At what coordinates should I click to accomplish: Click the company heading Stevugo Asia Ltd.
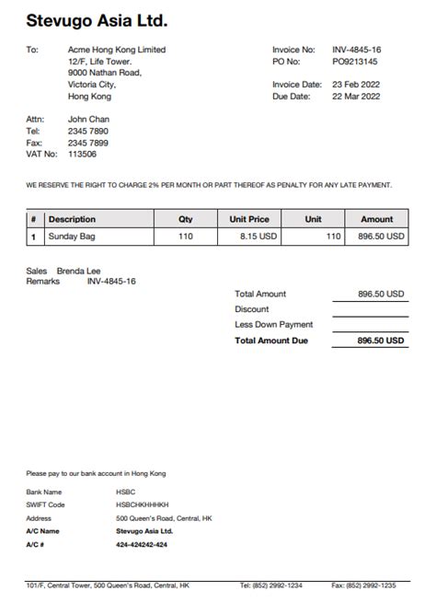click(97, 19)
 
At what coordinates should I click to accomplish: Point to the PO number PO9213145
click(355, 62)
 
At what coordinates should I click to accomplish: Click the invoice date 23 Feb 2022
click(356, 85)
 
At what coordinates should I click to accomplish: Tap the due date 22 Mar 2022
click(356, 96)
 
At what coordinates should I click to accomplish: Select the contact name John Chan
click(88, 120)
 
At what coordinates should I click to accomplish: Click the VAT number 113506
click(83, 155)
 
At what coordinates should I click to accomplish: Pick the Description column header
click(72, 219)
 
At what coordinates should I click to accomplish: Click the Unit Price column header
click(248, 219)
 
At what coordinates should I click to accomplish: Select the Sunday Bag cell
click(72, 237)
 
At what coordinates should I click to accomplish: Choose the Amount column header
click(376, 219)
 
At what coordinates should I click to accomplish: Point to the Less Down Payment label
click(274, 324)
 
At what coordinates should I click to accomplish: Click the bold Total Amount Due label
click(271, 341)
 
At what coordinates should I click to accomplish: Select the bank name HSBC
click(126, 492)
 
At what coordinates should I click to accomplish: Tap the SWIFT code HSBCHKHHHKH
click(142, 504)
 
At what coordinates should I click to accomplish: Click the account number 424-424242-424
click(142, 545)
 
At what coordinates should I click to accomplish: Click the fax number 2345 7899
click(88, 143)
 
